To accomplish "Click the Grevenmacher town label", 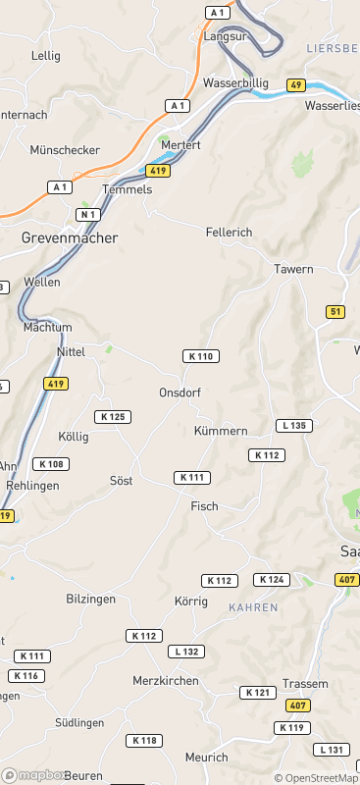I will coord(70,237).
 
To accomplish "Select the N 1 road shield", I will coord(89,214).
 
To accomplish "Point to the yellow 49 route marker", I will coord(296,85).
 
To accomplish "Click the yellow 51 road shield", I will coord(336,312).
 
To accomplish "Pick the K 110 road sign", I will coord(201,356).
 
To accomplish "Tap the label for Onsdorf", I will coord(180,392).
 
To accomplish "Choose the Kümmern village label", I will coord(221,431).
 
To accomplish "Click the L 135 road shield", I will coord(294,426).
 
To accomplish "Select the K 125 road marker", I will coord(113,417).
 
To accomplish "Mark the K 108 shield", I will coord(51,464).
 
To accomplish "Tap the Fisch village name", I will coord(204,506).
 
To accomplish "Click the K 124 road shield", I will coord(272,580).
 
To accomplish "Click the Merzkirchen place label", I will coord(166,680).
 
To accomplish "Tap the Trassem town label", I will coord(298,683).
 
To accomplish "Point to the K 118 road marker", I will coord(145,741).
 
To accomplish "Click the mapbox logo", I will coord(33,775).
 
